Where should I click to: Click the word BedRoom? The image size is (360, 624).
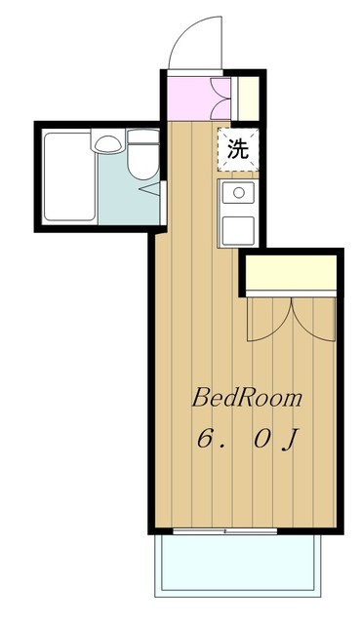246,398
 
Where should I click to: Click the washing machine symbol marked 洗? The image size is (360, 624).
237,149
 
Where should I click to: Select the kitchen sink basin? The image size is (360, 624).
238,193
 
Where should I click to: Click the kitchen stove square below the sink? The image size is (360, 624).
238,229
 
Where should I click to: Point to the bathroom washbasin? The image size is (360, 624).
107,144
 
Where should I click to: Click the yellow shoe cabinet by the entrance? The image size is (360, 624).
248,97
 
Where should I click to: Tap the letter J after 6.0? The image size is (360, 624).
289,439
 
